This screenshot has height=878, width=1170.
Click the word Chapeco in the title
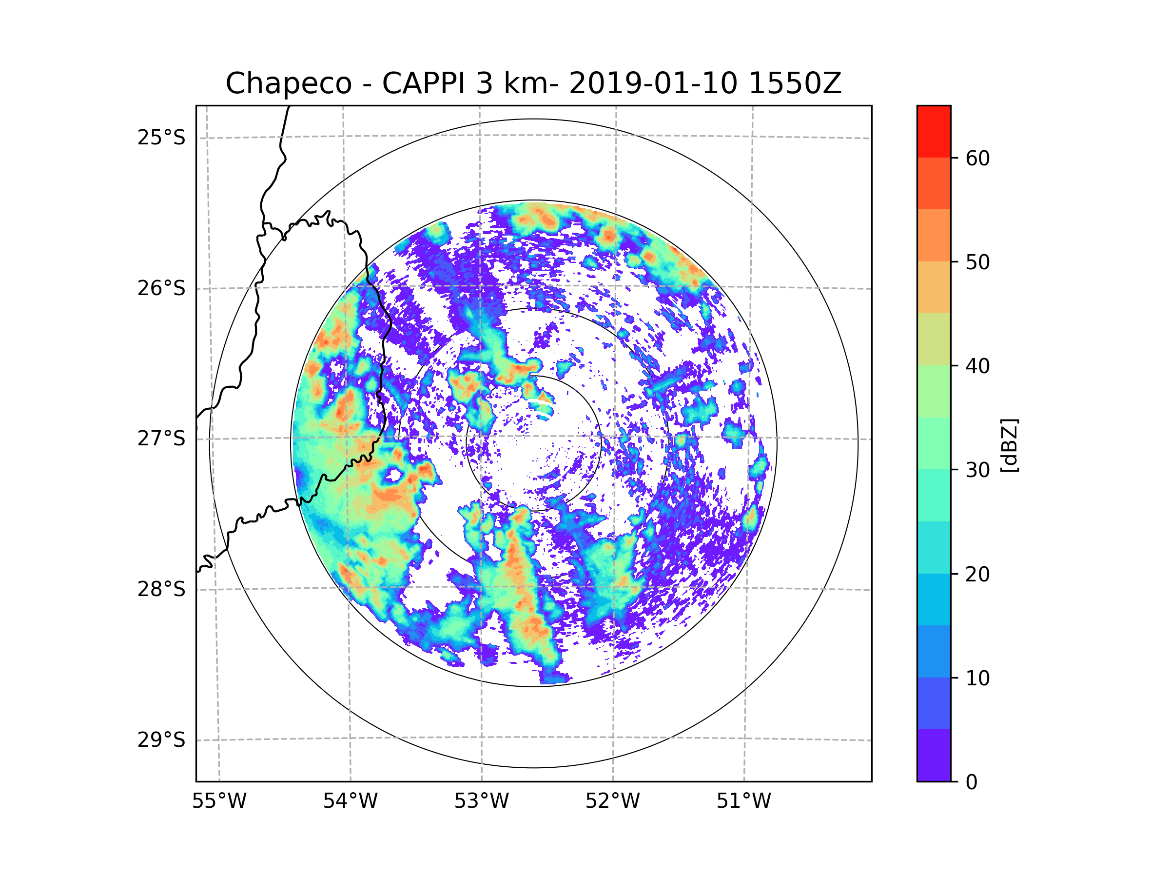(288, 83)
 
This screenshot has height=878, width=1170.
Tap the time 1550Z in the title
(795, 83)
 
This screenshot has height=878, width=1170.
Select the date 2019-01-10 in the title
(653, 83)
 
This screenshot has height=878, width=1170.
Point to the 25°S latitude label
(161, 138)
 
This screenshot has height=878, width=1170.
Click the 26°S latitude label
(161, 288)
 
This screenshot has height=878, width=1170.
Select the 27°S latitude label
(161, 439)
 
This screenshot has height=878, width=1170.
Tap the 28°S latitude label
(161, 589)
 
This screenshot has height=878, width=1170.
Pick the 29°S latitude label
(161, 740)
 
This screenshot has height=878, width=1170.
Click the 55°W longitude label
(219, 801)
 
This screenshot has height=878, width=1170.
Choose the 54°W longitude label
(350, 801)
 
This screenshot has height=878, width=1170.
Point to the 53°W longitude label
(481, 801)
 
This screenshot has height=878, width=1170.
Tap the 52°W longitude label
(612, 801)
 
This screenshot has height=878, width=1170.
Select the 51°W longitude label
(743, 801)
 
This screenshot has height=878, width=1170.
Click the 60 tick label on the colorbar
(977, 158)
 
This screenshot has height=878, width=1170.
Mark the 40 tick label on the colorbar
(977, 366)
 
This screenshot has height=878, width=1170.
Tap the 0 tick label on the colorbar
(972, 782)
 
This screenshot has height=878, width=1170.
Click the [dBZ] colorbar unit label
(1009, 445)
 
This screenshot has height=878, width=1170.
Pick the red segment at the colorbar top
(934, 131)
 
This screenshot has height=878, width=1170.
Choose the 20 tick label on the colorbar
(977, 574)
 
